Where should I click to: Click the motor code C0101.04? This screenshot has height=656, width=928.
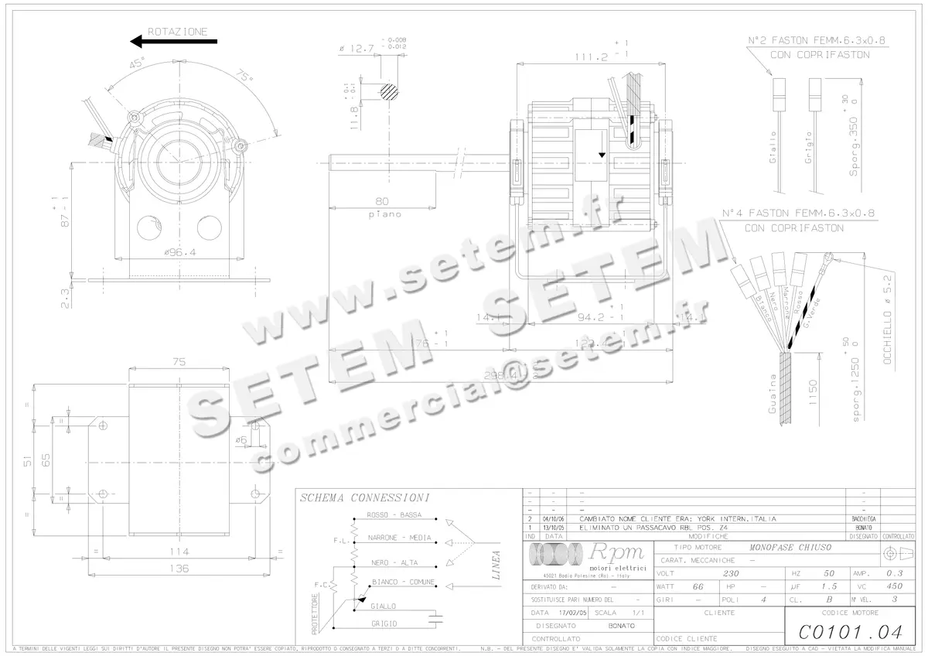pos(850,632)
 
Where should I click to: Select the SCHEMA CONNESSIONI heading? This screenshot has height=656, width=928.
pos(364,498)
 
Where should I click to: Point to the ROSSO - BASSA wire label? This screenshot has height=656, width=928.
pos(394,514)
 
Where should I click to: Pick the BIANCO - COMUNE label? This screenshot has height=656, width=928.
pos(403,581)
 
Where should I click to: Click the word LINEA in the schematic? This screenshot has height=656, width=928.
pos(496,565)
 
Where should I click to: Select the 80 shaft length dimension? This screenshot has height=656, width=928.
pos(381,202)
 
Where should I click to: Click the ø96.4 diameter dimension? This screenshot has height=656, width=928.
pos(180,251)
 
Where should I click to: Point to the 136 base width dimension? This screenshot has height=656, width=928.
pos(179,568)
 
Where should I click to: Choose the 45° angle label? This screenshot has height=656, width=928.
pos(137,66)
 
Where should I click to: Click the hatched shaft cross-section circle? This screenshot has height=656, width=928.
pos(389,91)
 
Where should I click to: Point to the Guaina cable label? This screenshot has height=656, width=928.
pos(772,394)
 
